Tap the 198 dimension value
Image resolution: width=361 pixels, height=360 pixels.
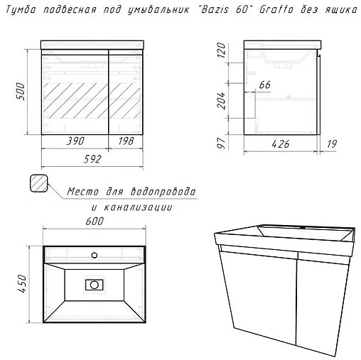[x=126, y=142]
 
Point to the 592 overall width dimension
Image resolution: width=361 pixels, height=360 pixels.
[x=94, y=159]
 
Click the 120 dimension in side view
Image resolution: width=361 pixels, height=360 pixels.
[x=222, y=50]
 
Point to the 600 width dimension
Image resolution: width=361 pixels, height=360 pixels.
[x=94, y=222]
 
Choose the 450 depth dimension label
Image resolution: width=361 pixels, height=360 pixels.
[x=21, y=285]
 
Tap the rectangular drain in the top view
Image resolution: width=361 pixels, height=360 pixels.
[x=94, y=285]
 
